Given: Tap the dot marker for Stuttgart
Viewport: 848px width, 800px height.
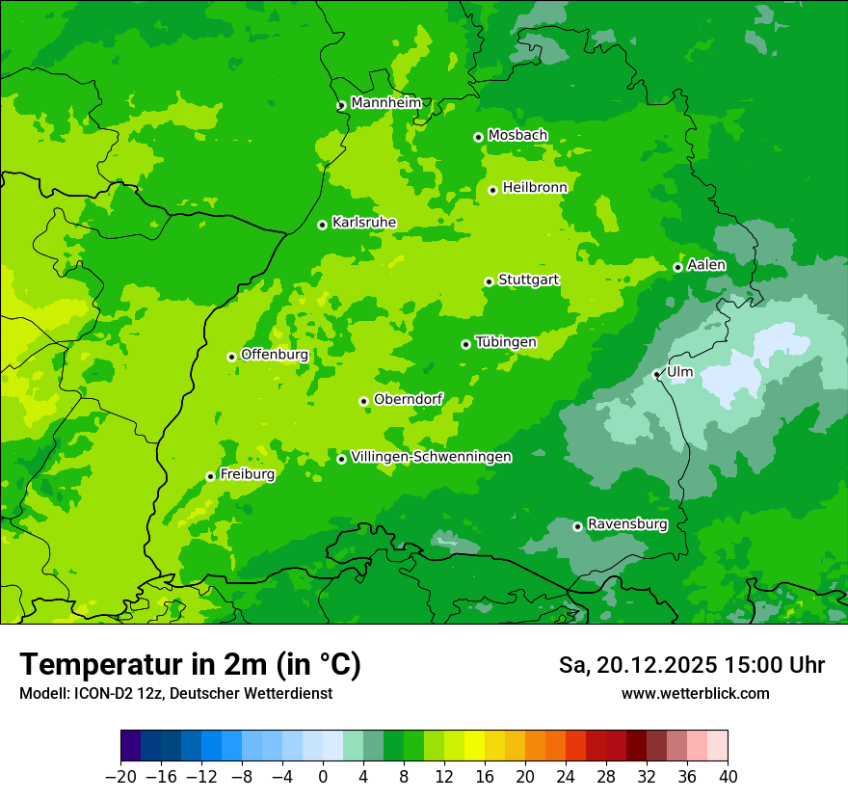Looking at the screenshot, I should coord(490,281).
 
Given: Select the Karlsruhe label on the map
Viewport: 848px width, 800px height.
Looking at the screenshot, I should coord(364,223).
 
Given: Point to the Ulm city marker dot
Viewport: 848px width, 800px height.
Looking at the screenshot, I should coord(657,374).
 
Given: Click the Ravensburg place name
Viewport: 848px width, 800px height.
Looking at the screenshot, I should coord(627,524).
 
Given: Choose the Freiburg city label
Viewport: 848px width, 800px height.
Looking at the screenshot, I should coord(247,474).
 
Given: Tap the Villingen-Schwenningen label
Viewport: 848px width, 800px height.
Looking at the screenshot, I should coord(432,457).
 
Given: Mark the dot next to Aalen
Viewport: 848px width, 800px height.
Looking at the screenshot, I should coord(677,267).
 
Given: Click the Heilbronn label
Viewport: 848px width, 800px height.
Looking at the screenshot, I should coord(535,188).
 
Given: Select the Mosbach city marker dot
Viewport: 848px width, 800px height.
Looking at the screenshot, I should coord(478,137).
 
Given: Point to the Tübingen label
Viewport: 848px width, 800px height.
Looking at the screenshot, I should coord(506,342).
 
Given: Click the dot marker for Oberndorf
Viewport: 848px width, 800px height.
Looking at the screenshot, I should coord(363,401).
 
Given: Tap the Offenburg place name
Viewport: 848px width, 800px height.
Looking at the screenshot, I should coord(275,355).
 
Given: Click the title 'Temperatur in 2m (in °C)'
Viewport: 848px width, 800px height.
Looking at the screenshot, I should coord(190,664).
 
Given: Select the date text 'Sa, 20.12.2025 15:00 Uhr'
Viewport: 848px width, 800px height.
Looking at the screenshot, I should coord(691,665).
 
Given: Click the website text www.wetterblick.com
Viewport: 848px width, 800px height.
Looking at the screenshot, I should coord(695,694).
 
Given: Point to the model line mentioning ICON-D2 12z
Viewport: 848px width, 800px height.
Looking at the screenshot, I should coord(175,694).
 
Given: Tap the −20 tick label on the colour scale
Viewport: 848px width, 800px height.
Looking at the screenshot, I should coord(120,777).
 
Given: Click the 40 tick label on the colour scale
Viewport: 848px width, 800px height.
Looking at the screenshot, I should coord(728,777).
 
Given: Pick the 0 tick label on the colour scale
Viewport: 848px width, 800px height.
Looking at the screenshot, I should coord(323,777).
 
